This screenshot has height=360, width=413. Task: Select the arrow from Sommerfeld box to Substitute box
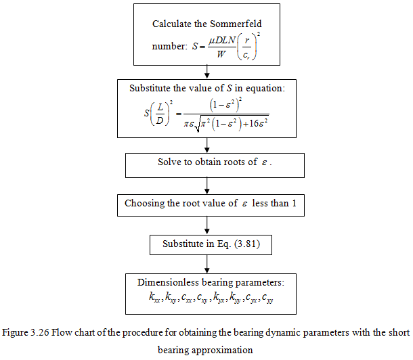tap(205, 71)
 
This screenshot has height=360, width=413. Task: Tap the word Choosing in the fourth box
tap(146, 203)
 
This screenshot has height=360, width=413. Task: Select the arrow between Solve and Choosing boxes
tap(205, 184)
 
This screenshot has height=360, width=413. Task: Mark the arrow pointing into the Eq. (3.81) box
tap(205, 224)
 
